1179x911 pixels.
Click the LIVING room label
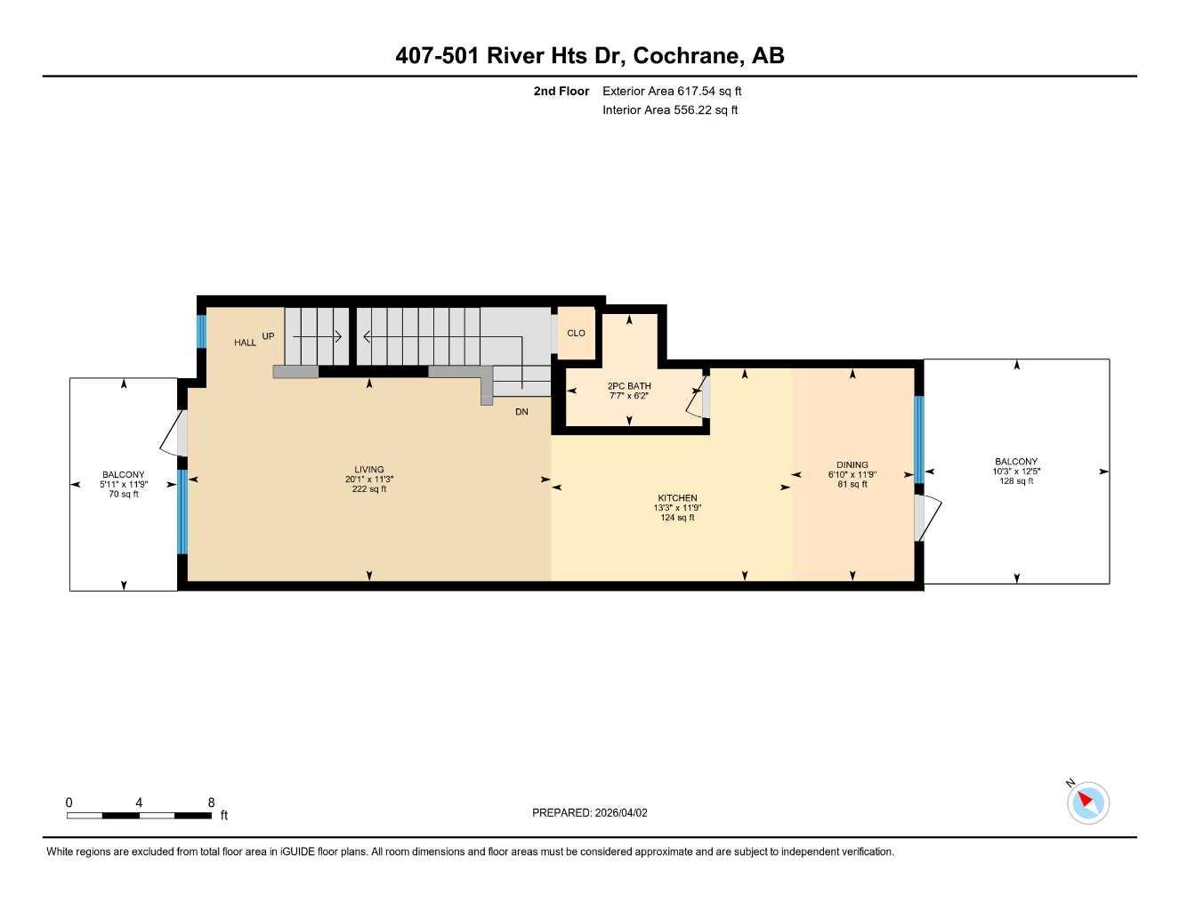tap(369, 470)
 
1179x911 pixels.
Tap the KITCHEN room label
tap(677, 498)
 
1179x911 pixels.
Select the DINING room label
tap(852, 465)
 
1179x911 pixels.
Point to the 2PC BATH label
tap(629, 386)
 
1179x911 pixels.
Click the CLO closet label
tap(576, 334)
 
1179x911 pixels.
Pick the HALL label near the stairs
tap(245, 343)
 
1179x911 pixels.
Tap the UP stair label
tap(268, 336)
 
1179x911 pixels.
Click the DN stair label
tap(521, 412)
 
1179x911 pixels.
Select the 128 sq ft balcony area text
tap(1016, 481)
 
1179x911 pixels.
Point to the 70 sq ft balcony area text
tap(124, 495)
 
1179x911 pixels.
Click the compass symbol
tap(1087, 802)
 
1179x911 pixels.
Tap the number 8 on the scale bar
tap(211, 802)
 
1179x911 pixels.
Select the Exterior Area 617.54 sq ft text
tap(672, 91)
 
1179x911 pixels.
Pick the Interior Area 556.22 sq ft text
tap(670, 110)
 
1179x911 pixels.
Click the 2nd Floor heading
tap(561, 91)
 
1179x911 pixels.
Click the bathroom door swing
tap(695, 398)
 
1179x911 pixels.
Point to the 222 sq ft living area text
tap(369, 489)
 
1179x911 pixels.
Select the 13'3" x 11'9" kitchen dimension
tap(677, 508)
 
